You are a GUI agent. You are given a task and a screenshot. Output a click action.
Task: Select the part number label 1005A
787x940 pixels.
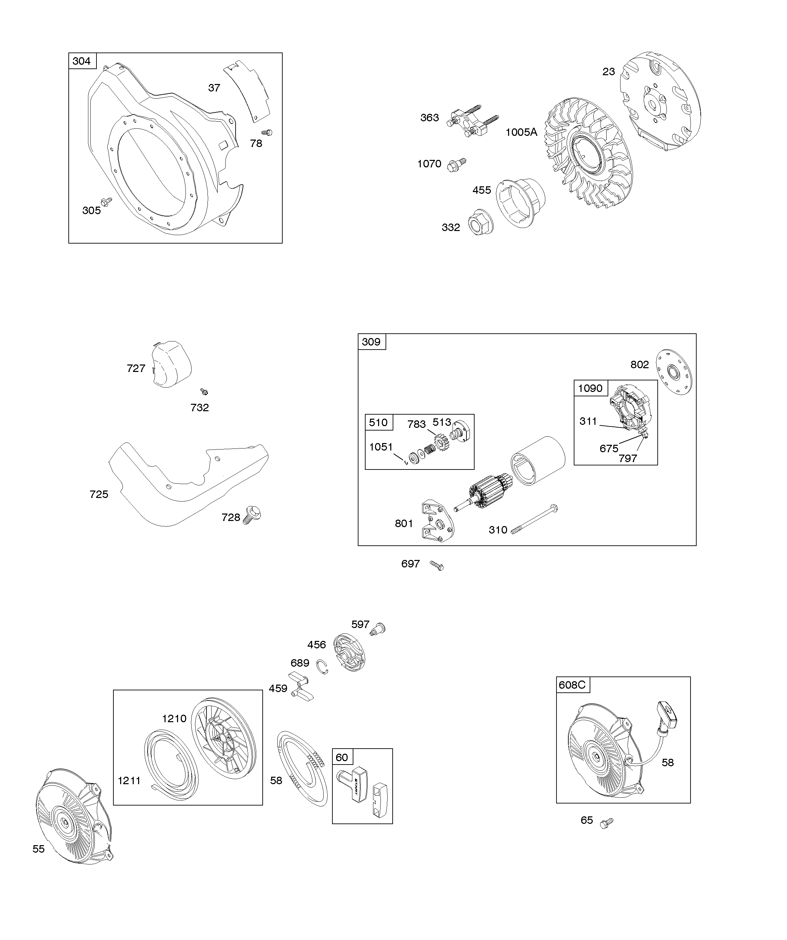(521, 132)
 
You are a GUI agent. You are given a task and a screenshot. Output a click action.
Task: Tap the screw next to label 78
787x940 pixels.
(267, 132)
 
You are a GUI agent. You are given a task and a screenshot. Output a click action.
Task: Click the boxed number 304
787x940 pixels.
(82, 61)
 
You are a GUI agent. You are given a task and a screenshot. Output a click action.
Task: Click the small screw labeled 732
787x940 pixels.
(204, 392)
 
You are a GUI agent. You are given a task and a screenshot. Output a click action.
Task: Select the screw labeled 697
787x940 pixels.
(437, 566)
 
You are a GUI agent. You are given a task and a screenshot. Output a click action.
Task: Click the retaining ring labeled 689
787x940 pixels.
(323, 667)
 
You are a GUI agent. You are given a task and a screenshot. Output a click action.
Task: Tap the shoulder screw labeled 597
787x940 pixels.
(378, 629)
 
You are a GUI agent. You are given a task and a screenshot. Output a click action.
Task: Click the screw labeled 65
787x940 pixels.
(606, 822)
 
